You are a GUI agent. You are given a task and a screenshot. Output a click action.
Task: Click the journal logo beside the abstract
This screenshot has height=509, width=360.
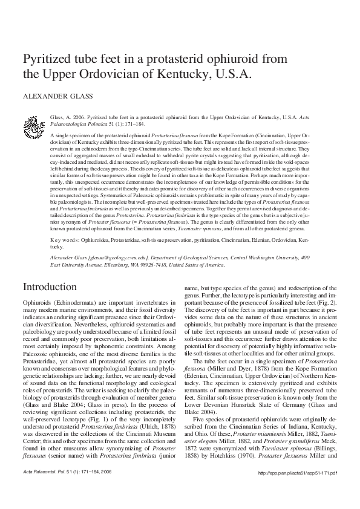[x=34, y=126]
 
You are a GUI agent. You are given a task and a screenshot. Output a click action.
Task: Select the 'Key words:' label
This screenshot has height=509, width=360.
[x=64, y=240]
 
